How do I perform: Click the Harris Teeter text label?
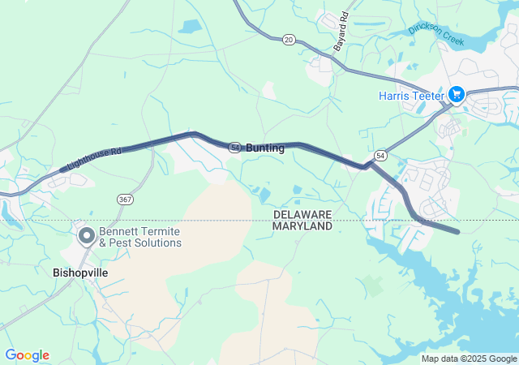coord(411,96)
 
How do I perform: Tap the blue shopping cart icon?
coord(456,96)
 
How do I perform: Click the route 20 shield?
coord(289,39)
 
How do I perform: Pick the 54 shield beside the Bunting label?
coord(234,148)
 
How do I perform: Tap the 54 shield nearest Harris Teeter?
coord(380,154)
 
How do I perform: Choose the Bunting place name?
coord(265,148)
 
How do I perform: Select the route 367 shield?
coord(124,199)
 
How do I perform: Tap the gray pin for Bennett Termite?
coord(87,236)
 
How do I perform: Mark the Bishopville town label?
coord(79,273)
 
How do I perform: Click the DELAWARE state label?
coord(302,214)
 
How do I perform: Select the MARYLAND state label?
coord(302,225)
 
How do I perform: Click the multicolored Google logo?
coord(27,355)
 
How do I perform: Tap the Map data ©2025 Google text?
coord(469,359)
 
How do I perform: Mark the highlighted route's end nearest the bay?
coord(457,232)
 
